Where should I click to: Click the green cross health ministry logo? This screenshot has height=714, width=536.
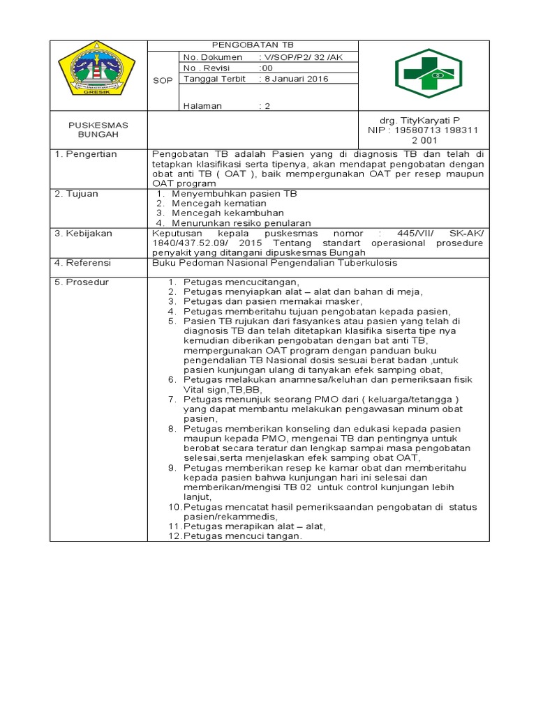428,73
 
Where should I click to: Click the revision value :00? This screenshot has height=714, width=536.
266,68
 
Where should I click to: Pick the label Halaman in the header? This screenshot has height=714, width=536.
202,106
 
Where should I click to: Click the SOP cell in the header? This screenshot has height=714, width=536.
162,80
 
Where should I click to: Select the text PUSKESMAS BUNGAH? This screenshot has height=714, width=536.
98,130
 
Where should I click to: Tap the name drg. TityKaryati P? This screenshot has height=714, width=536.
419,120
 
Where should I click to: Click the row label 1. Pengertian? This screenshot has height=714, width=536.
86,154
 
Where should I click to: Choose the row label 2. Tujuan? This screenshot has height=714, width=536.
77,193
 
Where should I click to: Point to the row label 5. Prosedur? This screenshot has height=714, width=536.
82,282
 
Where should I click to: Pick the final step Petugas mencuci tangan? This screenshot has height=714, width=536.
242,536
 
